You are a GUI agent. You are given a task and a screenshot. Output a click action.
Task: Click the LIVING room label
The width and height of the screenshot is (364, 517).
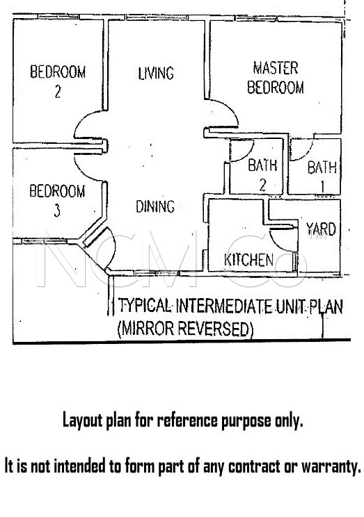[x=156, y=73]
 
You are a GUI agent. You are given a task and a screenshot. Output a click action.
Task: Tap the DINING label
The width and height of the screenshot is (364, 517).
[x=155, y=206]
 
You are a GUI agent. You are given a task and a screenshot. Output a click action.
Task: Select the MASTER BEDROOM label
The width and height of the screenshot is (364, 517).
[x=276, y=78]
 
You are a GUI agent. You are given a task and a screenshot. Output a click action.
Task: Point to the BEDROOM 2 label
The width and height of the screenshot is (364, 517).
[x=58, y=81]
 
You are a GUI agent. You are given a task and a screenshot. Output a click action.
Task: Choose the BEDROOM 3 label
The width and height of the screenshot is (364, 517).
[x=57, y=200]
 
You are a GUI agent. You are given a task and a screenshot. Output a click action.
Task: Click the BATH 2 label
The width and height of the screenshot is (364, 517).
[x=262, y=174]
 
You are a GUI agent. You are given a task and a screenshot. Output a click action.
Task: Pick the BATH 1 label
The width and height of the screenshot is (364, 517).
[x=322, y=177]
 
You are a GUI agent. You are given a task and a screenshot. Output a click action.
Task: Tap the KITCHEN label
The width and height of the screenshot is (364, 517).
[x=248, y=260]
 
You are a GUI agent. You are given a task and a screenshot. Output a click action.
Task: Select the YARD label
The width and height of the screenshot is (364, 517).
[x=321, y=229]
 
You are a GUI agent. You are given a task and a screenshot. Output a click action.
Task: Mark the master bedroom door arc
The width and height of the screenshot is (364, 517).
[x=231, y=108]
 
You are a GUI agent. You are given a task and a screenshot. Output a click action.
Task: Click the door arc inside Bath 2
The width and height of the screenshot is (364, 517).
[x=248, y=154]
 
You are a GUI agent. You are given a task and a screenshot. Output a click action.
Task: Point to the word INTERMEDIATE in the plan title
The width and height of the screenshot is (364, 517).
[x=224, y=306]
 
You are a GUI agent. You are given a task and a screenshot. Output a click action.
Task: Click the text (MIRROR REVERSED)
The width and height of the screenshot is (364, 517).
[x=186, y=329]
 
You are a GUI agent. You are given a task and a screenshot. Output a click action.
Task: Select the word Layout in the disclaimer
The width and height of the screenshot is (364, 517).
[x=83, y=420]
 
